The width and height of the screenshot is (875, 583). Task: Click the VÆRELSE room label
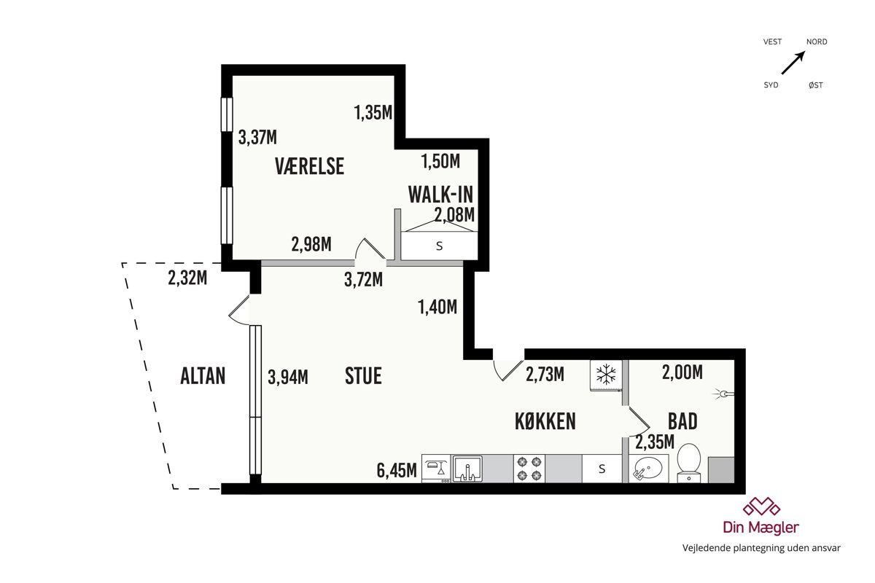(x=309, y=166)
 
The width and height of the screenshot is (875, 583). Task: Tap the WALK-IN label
(x=440, y=195)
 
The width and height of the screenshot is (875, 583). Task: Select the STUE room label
(x=363, y=375)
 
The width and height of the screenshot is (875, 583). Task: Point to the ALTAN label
(x=203, y=375)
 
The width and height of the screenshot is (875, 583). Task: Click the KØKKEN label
(x=545, y=421)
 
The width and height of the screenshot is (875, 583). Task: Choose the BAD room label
(x=682, y=421)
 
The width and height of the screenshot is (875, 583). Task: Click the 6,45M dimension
(x=397, y=470)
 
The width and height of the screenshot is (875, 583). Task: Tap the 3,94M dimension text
(x=288, y=377)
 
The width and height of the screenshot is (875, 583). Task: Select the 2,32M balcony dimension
(x=187, y=278)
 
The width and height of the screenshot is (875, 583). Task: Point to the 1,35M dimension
(x=373, y=112)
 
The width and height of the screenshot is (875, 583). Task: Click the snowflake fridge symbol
(x=606, y=375)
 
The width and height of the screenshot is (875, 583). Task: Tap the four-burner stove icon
(x=529, y=469)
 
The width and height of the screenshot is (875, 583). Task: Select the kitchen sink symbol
(x=467, y=469)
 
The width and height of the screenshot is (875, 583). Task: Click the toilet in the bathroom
(x=688, y=463)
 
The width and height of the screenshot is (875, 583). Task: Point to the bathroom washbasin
(x=648, y=468)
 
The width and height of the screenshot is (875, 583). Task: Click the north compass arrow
(x=793, y=63)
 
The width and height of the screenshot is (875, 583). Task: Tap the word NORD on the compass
(x=817, y=42)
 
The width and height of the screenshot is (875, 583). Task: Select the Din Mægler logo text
(x=761, y=527)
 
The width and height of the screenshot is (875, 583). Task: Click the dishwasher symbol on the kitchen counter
(x=436, y=469)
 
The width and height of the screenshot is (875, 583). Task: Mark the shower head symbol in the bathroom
(x=723, y=394)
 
